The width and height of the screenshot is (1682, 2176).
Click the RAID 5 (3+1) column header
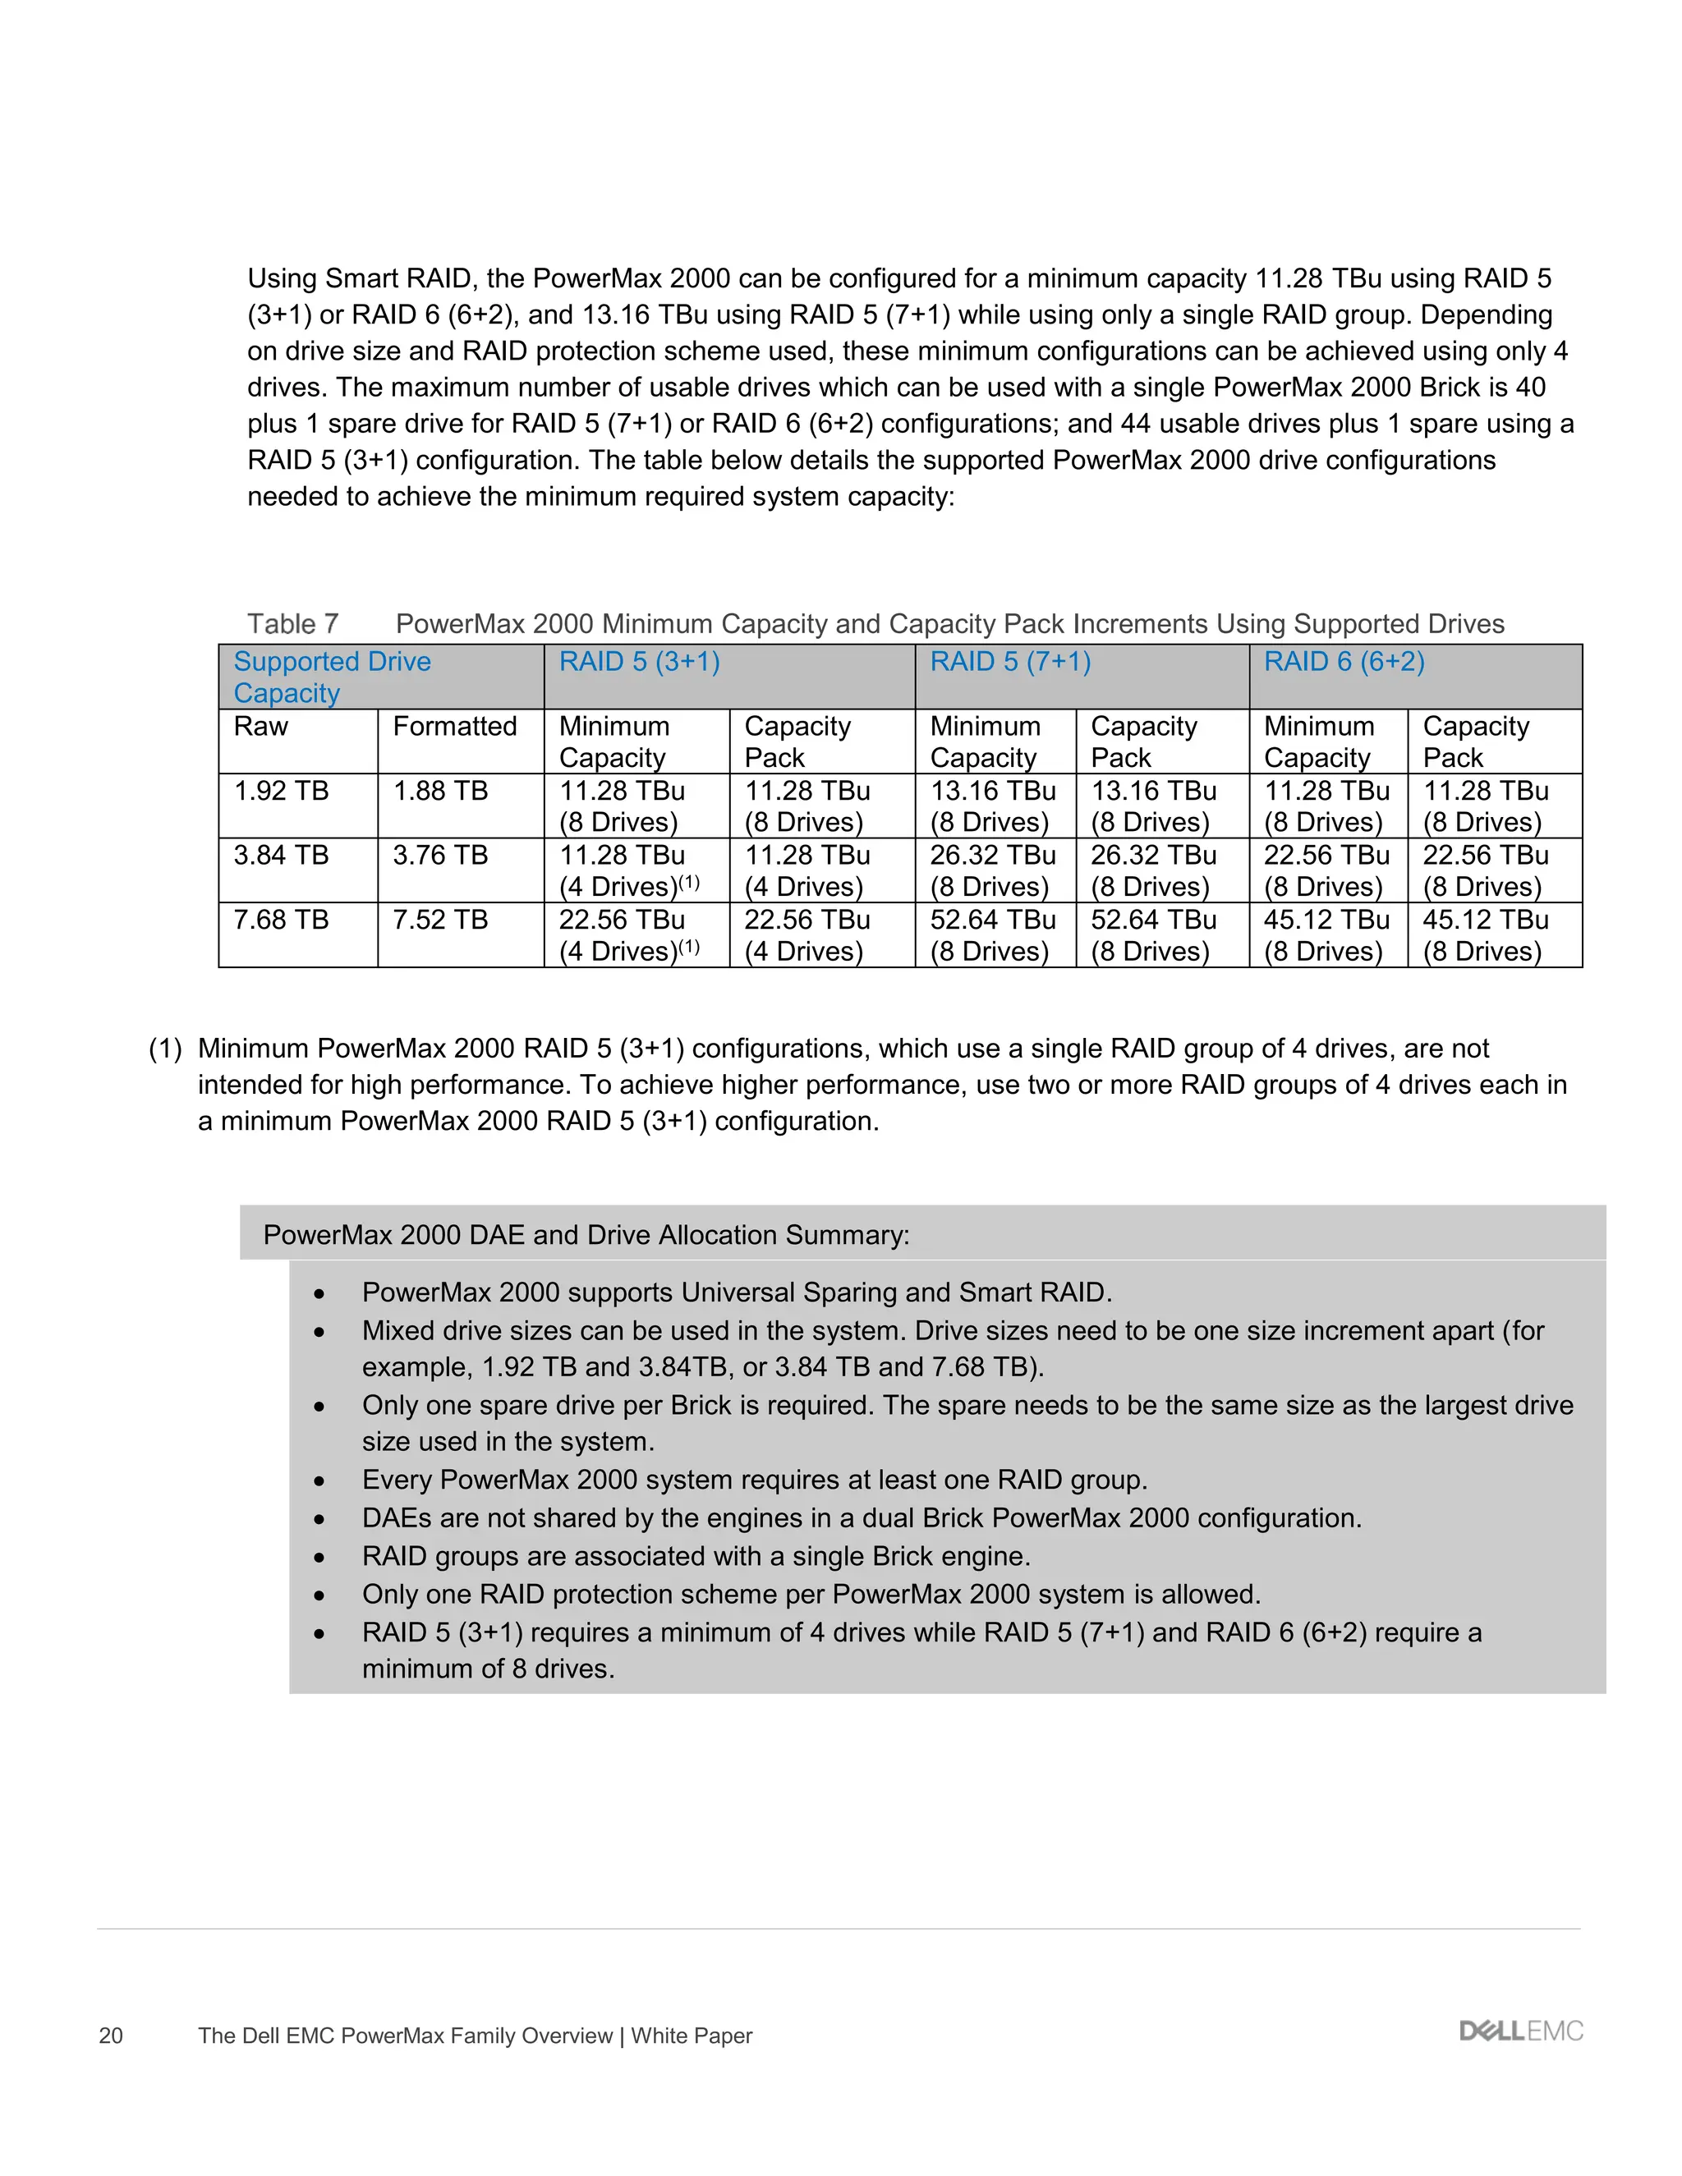pyautogui.click(x=639, y=663)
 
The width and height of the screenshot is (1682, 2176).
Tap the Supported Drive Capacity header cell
pyautogui.click(x=332, y=677)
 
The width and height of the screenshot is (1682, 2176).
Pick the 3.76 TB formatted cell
pyautogui.click(x=439, y=856)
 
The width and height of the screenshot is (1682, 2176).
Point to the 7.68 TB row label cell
pyautogui.click(x=281, y=920)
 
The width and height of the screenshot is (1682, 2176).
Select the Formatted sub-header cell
pyautogui.click(x=454, y=727)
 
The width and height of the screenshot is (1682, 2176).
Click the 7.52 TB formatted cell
pyautogui.click(x=439, y=920)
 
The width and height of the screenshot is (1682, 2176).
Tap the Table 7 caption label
pyautogui.click(x=293, y=625)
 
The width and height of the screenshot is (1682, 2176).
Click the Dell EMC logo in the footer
pyautogui.click(x=1520, y=2031)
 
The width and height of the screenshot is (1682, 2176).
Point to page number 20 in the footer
pyautogui.click(x=111, y=2036)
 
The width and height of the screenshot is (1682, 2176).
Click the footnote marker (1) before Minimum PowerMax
pyautogui.click(x=165, y=1049)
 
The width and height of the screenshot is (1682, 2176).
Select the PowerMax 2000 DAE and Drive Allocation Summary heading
pyautogui.click(x=586, y=1236)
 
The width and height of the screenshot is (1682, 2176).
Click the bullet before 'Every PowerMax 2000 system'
pyautogui.click(x=319, y=1481)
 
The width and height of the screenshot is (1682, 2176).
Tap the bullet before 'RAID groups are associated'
pyautogui.click(x=319, y=1557)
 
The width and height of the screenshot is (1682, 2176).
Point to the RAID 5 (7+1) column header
pyautogui.click(x=1009, y=663)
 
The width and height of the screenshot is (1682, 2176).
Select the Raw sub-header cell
pyautogui.click(x=261, y=727)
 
